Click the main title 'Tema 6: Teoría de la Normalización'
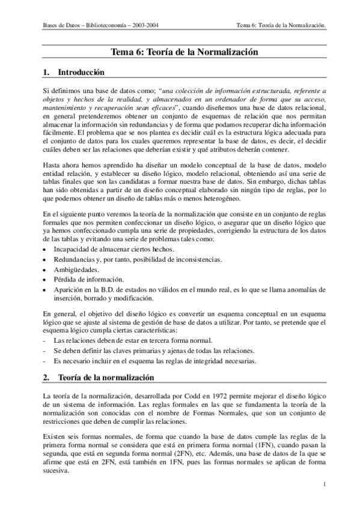click(x=185, y=52)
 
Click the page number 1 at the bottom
click(x=324, y=484)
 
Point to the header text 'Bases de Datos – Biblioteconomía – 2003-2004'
click(x=105, y=26)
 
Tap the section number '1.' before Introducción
click(x=46, y=73)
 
